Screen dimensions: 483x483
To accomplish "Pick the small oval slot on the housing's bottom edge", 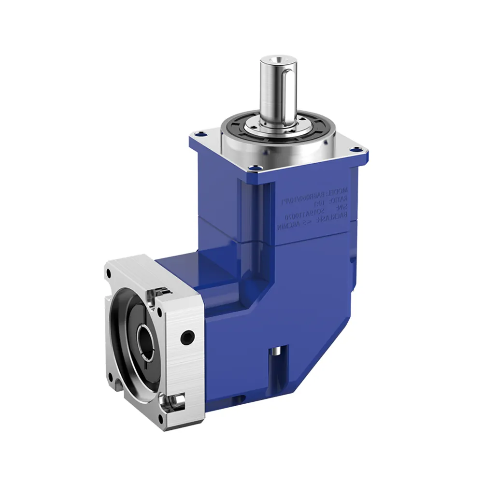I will point(236,398).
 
